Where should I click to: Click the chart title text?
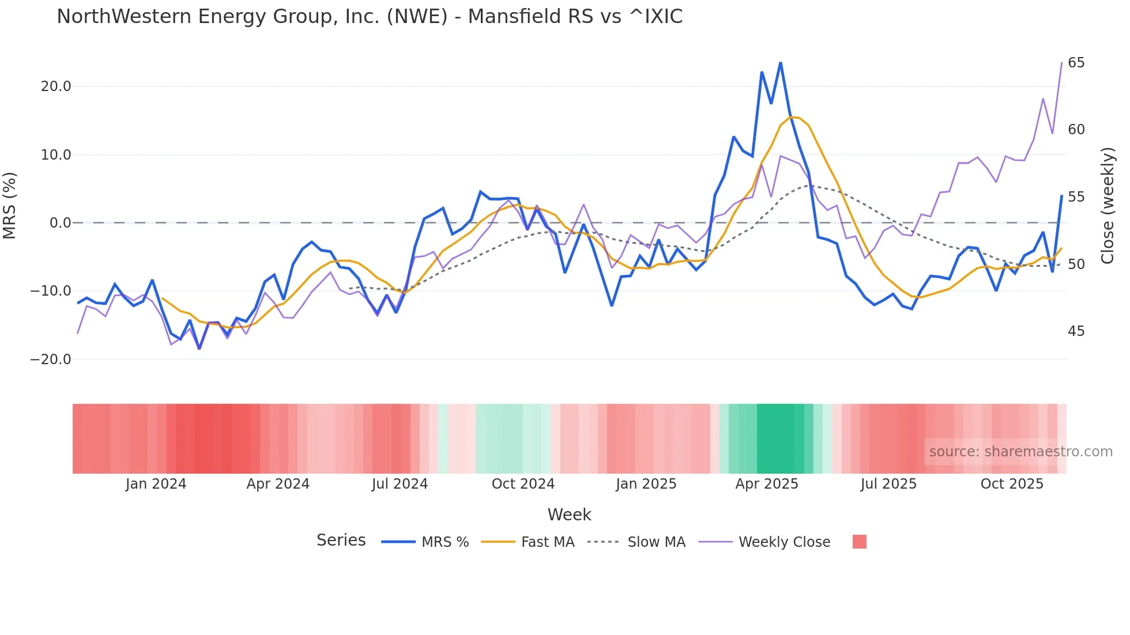[x=369, y=17]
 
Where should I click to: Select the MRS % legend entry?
[x=445, y=542]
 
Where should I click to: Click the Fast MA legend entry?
[x=547, y=542]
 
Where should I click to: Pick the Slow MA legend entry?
[x=656, y=542]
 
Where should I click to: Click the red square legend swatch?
[x=859, y=542]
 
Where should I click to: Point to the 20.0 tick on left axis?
[x=56, y=86]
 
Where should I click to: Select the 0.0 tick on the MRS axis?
[x=60, y=223]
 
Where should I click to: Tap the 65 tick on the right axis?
[x=1076, y=62]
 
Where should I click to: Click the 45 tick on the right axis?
[x=1076, y=331]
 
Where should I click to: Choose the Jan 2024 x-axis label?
[x=156, y=484]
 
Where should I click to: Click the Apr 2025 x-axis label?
[x=766, y=484]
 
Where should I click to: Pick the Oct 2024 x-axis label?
[x=523, y=484]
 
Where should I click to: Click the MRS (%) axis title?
[x=10, y=205]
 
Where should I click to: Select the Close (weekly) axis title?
[x=1107, y=205]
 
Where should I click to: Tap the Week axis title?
[x=569, y=515]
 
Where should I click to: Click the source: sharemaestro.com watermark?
[x=1020, y=452]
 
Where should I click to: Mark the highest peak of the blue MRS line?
[x=780, y=63]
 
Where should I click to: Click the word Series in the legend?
[x=341, y=540]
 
